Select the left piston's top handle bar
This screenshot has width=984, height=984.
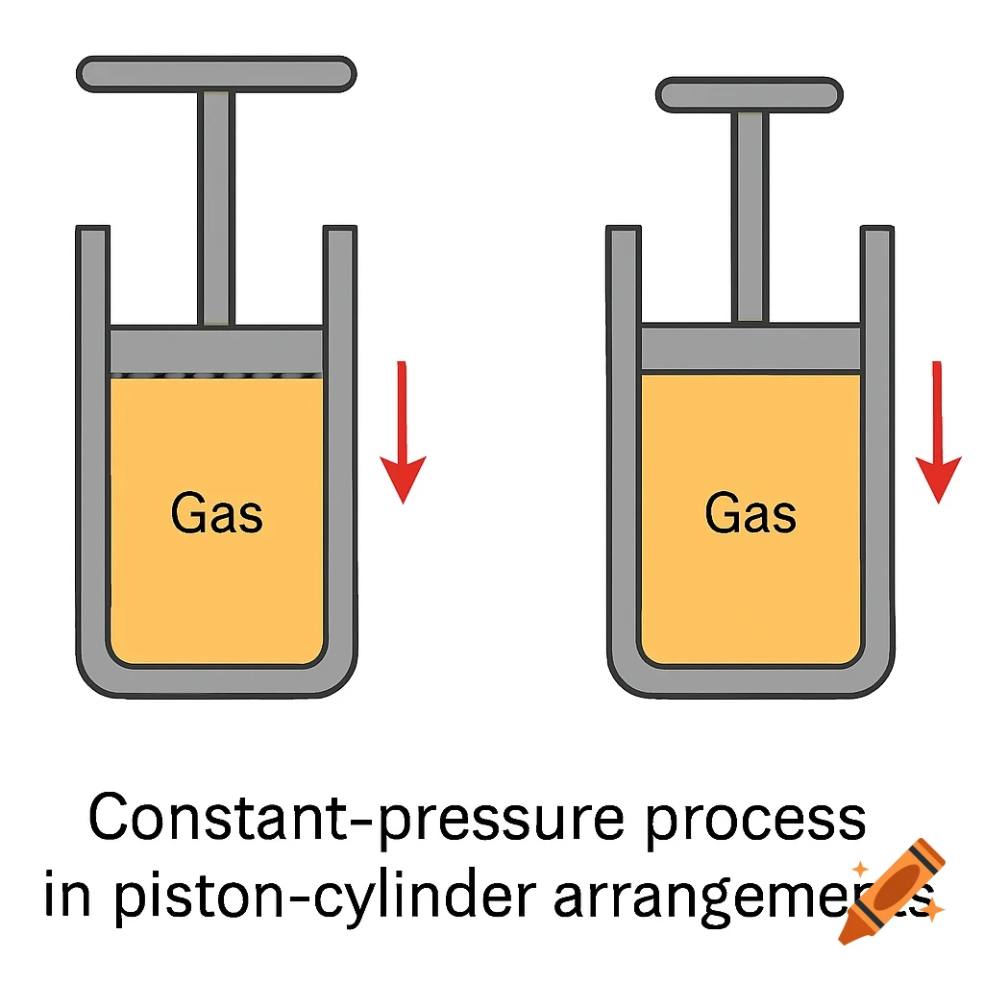[216, 74]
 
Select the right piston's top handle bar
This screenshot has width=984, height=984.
[750, 94]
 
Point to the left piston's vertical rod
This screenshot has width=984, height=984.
[216, 207]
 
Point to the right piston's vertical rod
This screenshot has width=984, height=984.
[750, 216]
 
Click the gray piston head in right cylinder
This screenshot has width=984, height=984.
[750, 347]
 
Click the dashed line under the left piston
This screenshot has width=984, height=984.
[216, 375]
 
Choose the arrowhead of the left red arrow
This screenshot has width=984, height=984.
[403, 478]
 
